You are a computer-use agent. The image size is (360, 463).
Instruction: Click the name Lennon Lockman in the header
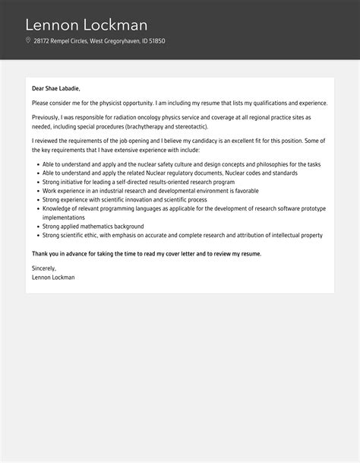coord(87,24)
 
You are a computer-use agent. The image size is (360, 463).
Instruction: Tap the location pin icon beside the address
coord(28,41)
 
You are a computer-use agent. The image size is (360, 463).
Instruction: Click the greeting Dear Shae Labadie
coord(55,88)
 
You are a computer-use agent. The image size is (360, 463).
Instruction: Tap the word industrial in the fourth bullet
coord(103,190)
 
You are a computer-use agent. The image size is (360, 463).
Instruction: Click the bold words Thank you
coord(46,253)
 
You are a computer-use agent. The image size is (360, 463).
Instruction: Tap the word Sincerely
coord(45,268)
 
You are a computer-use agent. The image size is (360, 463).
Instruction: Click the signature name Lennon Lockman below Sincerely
coord(53,277)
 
